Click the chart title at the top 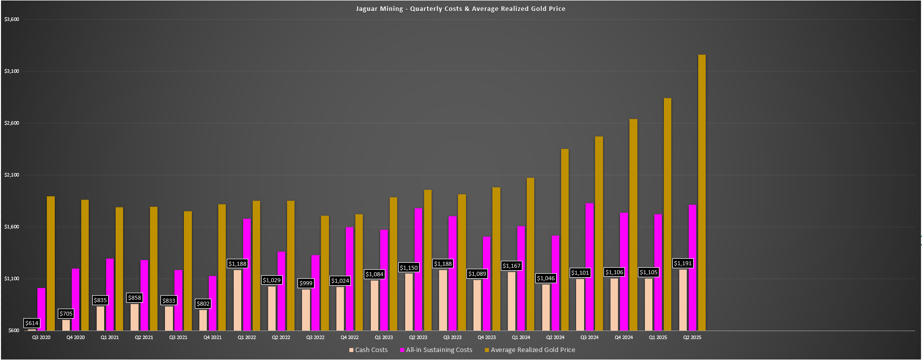[x=461, y=8]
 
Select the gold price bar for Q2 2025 [x=702, y=192]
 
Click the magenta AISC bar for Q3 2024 [x=590, y=267]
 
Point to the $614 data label [x=32, y=323]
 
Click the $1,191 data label [x=683, y=263]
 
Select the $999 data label [x=306, y=283]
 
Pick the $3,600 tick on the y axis [x=11, y=19]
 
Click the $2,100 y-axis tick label [x=11, y=175]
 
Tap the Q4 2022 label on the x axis [x=349, y=338]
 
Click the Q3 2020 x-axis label [x=41, y=338]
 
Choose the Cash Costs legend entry [x=368, y=350]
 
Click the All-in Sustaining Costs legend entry [x=436, y=350]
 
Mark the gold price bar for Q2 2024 [x=565, y=239]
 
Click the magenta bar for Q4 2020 [x=76, y=299]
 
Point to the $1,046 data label [x=546, y=278]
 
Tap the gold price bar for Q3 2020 [x=51, y=263]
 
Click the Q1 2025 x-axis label [x=658, y=338]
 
